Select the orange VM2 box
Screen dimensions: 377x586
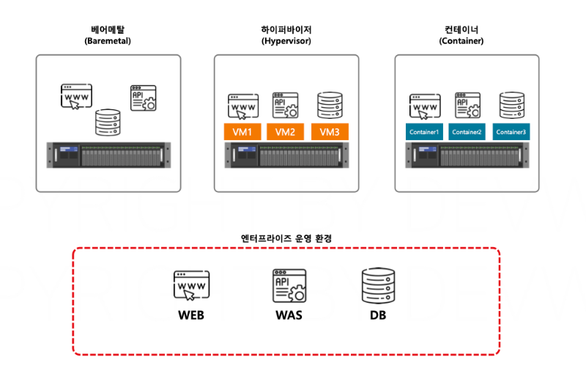point(286,132)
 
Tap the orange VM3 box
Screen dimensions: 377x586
point(330,132)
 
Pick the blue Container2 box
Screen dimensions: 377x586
point(467,132)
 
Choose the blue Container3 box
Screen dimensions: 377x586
point(511,132)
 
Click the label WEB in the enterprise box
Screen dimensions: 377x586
point(190,316)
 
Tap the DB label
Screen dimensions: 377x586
point(378,316)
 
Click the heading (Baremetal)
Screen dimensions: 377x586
point(108,42)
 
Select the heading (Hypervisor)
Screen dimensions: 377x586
point(286,42)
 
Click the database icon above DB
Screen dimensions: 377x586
point(378,287)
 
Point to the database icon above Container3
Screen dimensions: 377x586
point(511,106)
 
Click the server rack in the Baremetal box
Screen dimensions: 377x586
point(108,156)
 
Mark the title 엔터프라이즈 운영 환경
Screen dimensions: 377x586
point(286,238)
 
